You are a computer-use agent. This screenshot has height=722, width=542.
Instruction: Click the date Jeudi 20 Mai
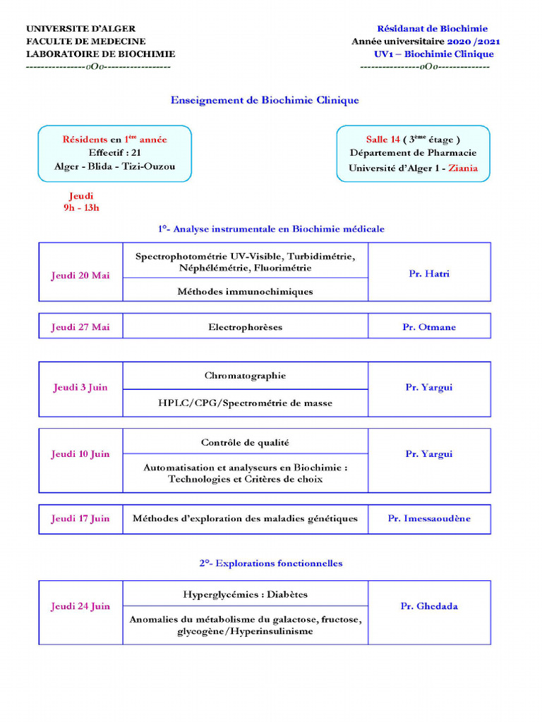click(80, 275)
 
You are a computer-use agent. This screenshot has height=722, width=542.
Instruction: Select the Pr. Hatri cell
click(429, 274)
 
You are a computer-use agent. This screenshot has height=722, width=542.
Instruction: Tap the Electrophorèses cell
click(245, 327)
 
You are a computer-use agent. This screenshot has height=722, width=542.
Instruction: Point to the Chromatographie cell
click(245, 376)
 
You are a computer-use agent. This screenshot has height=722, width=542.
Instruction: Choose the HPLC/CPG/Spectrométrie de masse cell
click(245, 403)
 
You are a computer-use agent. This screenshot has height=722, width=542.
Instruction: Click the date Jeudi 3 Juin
click(80, 388)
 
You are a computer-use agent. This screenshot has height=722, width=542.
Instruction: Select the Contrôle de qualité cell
click(245, 443)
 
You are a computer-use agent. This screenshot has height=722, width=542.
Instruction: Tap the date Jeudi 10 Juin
click(80, 454)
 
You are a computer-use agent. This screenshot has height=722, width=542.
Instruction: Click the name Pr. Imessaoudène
click(429, 519)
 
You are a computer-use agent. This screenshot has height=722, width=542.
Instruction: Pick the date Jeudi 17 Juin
click(80, 519)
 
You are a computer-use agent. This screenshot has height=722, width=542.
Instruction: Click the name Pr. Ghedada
click(429, 606)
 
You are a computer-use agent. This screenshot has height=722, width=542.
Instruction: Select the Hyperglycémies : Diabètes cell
click(245, 594)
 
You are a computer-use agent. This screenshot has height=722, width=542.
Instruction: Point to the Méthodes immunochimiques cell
click(245, 291)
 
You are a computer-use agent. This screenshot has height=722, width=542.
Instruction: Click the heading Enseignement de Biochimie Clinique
click(265, 100)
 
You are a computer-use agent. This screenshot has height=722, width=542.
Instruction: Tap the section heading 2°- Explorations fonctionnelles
click(270, 563)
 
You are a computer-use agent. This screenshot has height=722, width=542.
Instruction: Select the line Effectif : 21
click(114, 152)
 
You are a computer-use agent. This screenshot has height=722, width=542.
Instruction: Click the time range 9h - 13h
click(81, 207)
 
